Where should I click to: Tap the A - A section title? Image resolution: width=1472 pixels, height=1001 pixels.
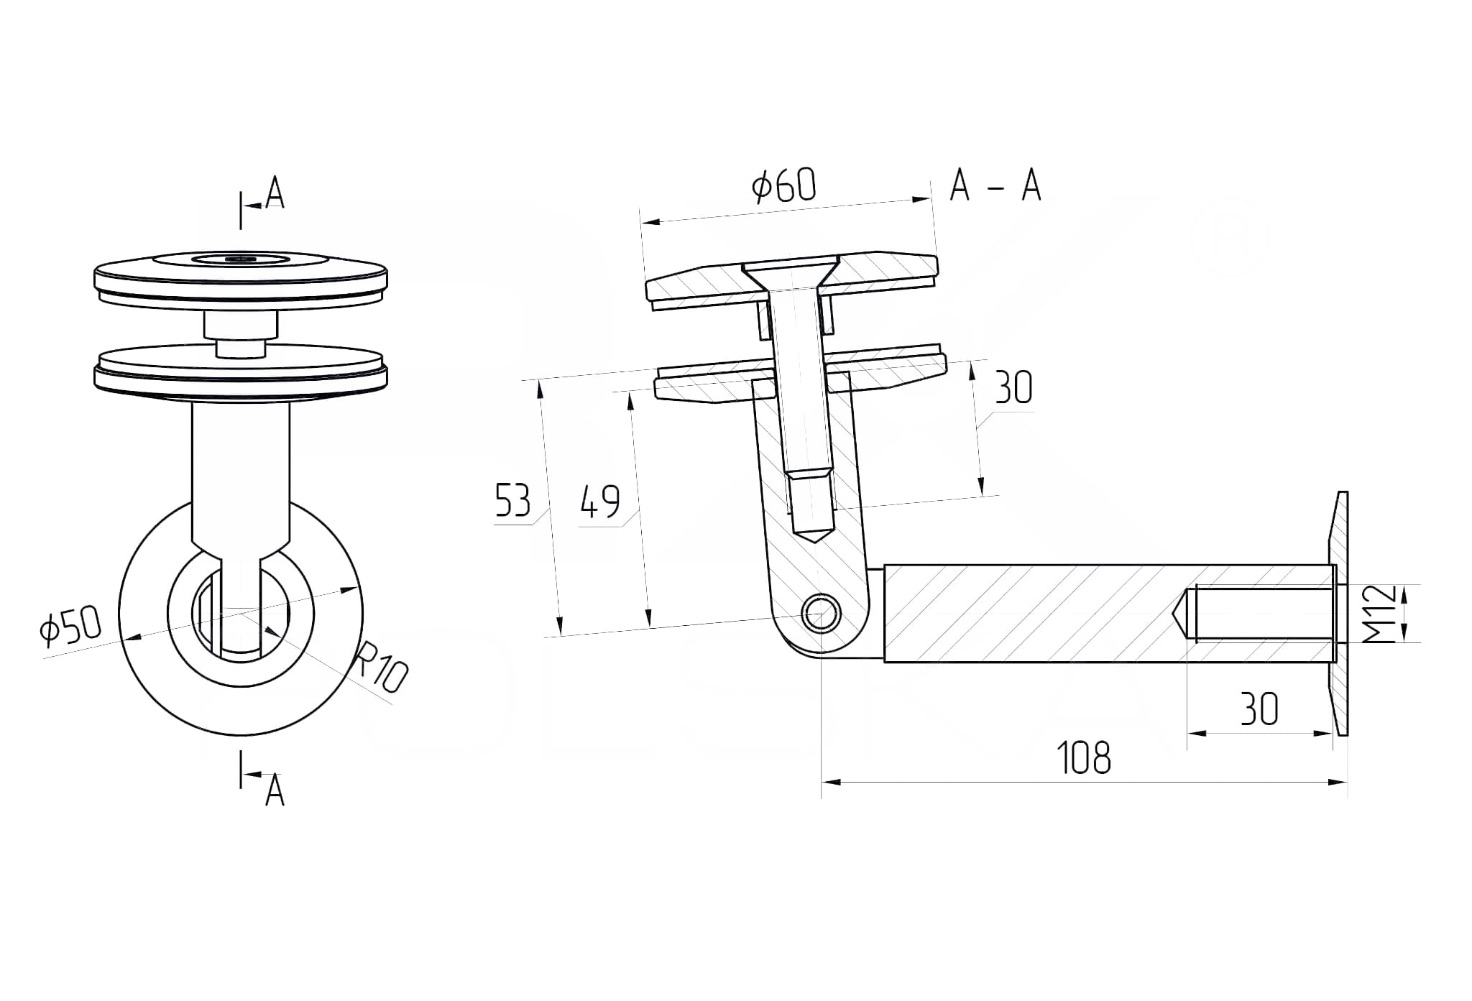[x=995, y=185]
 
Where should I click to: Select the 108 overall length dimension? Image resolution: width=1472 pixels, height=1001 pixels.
[x=1084, y=758]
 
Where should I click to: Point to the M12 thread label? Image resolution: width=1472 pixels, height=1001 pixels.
[x=1379, y=614]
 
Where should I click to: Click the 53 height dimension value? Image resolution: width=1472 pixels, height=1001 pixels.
[x=512, y=501]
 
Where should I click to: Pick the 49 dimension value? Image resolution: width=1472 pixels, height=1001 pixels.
[x=599, y=502]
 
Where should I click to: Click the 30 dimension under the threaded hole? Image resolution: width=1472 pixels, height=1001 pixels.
[x=1259, y=710]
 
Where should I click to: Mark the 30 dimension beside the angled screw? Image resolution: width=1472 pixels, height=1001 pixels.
[x=1013, y=388]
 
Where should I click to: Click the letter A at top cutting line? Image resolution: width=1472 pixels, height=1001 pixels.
[x=275, y=193]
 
